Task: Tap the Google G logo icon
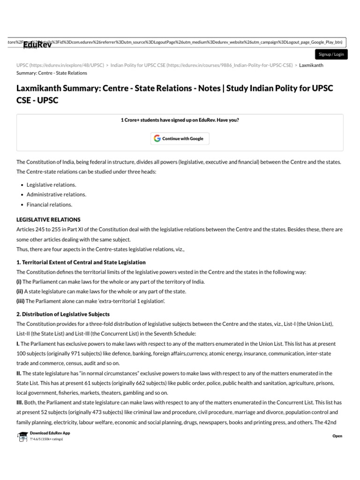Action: [x=157, y=139]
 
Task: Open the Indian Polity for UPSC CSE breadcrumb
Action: [x=202, y=65]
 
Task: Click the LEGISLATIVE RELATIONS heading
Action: [x=48, y=219]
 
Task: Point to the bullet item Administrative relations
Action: [x=56, y=195]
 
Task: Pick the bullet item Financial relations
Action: [x=49, y=205]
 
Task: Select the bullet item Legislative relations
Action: [x=51, y=185]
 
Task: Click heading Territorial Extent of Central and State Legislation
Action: [x=81, y=262]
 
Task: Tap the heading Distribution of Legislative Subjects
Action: [x=63, y=314]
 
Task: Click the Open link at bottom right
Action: [x=337, y=436]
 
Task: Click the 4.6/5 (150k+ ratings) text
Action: [x=46, y=439]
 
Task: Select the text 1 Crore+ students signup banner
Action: [x=180, y=120]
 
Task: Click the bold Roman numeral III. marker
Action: [x=21, y=403]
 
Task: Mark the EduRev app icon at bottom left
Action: [x=22, y=436]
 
